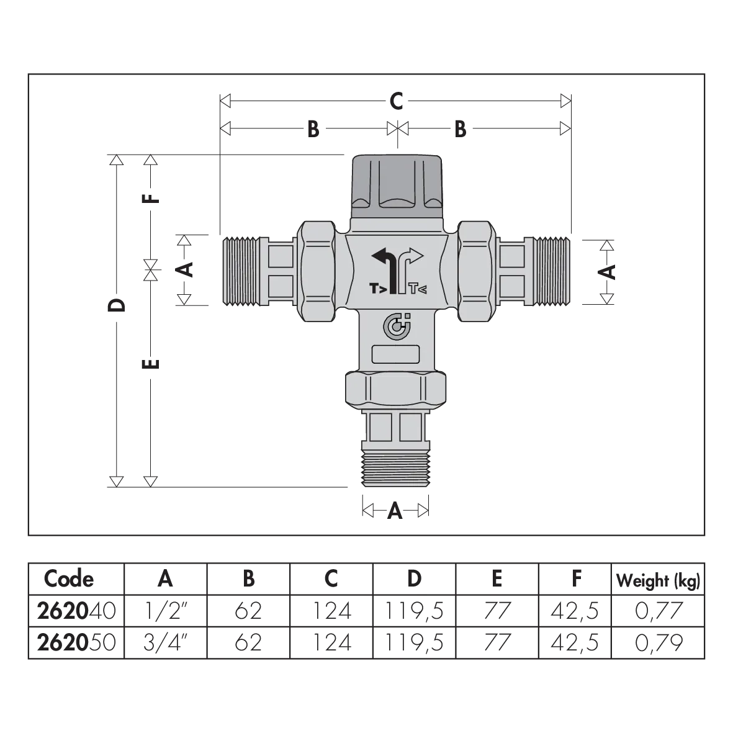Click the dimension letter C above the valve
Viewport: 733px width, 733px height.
[x=396, y=101]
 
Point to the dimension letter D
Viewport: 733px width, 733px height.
[x=117, y=305]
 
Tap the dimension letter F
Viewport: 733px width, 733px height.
[x=151, y=198]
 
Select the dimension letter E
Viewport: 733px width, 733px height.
[x=151, y=363]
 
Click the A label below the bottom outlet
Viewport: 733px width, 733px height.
[x=395, y=511]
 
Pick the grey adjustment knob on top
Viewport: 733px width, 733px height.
[x=397, y=187]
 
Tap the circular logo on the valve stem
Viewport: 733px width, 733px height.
[x=397, y=326]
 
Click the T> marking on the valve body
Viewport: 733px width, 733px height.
[x=378, y=289]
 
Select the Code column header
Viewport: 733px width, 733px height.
[x=69, y=578]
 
